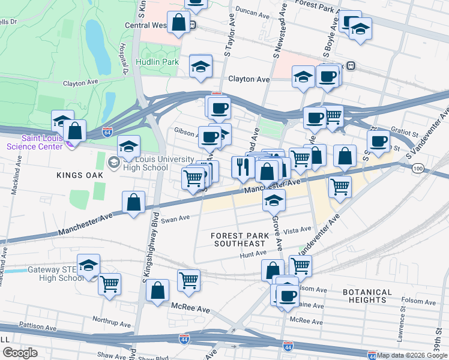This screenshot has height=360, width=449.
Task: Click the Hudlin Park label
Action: (157, 62)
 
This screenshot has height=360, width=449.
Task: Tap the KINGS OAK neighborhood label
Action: (77, 175)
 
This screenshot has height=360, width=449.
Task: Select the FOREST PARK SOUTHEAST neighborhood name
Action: (238, 239)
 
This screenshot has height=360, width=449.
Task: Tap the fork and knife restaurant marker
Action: (243, 167)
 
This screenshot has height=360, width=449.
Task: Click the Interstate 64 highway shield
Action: (107, 132)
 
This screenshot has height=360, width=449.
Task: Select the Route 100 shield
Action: (418, 170)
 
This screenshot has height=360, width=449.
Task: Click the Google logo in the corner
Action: (19, 353)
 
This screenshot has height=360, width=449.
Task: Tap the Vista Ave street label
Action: (298, 230)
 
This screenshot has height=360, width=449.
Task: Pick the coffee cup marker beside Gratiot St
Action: (378, 141)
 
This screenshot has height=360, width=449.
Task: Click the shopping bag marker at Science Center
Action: (74, 130)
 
